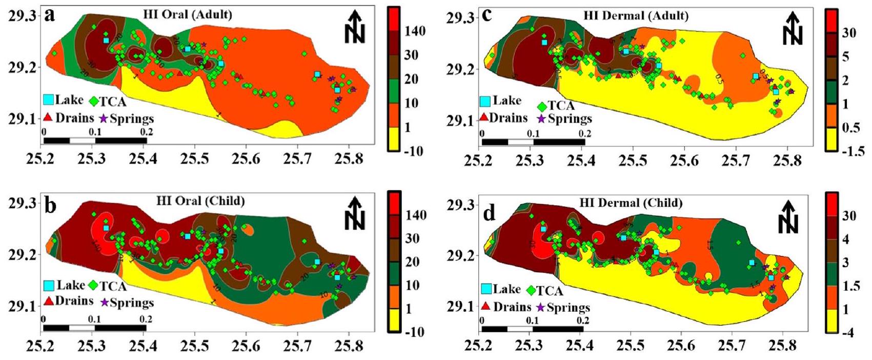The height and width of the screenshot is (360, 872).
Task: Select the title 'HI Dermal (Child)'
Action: point(631,203)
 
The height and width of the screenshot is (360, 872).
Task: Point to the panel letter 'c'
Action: point(487,16)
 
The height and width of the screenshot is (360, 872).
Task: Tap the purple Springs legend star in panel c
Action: point(541,119)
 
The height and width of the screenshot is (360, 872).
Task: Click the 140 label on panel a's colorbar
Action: point(415,31)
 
